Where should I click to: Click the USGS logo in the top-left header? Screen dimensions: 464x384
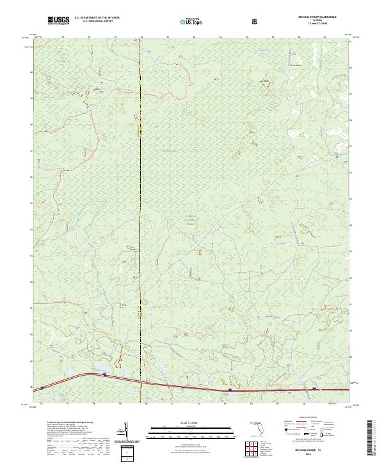pyautogui.click(x=58, y=20)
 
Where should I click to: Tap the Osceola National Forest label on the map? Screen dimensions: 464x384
pyautogui.click(x=184, y=221)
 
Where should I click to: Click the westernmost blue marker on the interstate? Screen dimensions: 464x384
pyautogui.click(x=42, y=387)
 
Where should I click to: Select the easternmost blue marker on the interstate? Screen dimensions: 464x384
pyautogui.click(x=314, y=388)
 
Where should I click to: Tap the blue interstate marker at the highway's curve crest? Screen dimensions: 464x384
pyautogui.click(x=104, y=375)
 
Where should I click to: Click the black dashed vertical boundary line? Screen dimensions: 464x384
pyautogui.click(x=141, y=192)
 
